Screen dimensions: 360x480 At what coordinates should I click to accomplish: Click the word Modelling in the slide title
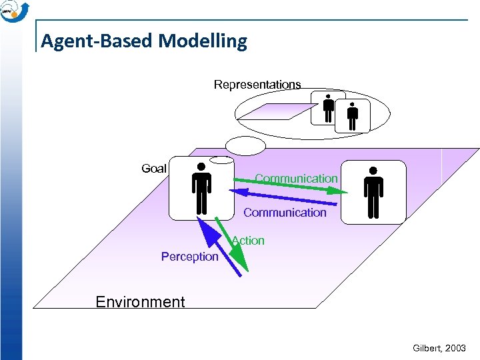[203, 41]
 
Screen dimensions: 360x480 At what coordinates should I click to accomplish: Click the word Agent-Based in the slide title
[98, 41]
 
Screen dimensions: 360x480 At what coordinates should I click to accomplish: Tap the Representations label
[257, 85]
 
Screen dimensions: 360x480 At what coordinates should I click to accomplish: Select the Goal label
[154, 169]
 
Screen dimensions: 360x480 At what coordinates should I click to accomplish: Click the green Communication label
[296, 179]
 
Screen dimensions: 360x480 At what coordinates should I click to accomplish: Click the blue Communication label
[285, 213]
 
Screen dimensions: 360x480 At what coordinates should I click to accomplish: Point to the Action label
[249, 241]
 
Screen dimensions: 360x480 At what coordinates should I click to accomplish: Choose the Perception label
[189, 257]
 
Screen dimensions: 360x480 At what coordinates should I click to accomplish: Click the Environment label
[140, 302]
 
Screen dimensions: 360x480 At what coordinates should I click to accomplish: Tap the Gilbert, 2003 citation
[439, 349]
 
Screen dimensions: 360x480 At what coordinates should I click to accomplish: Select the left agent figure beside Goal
[200, 189]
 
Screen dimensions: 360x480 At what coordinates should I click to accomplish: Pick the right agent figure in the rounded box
[373, 193]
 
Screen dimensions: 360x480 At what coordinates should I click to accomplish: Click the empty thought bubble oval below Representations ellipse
[245, 145]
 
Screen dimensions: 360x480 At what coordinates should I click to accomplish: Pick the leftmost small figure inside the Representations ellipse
[327, 108]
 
